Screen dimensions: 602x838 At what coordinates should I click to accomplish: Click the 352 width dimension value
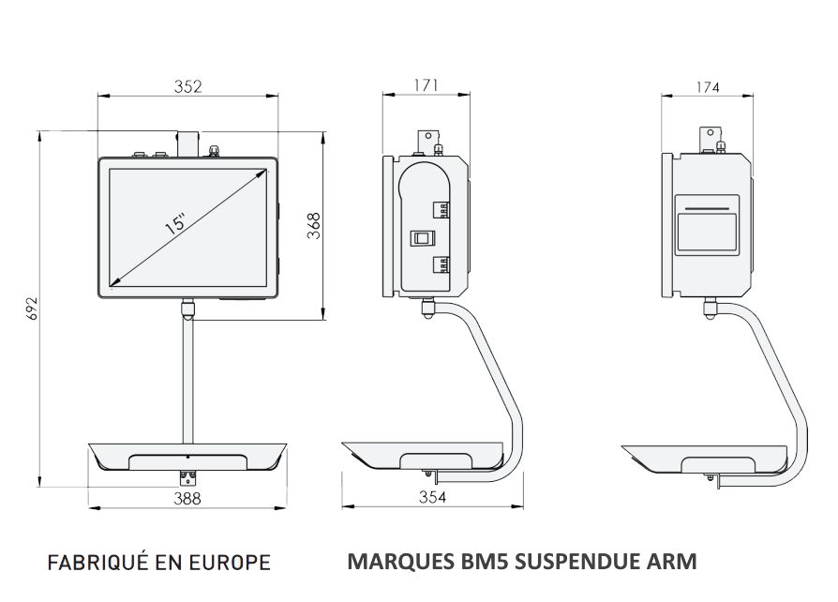click(x=188, y=86)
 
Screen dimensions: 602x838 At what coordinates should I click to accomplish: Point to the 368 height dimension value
click(x=315, y=226)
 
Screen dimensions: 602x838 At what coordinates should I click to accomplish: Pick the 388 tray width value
click(x=187, y=499)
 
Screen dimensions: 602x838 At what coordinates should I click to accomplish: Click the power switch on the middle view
click(x=418, y=238)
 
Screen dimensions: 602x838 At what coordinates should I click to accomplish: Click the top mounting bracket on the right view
click(x=711, y=135)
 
